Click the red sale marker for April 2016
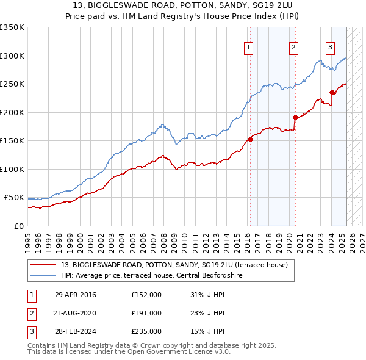[x=250, y=139]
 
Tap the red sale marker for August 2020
[x=295, y=117]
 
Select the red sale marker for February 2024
[x=332, y=92]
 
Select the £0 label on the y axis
[x=18, y=226]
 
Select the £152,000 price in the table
[x=146, y=295]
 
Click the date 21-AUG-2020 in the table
[x=75, y=313]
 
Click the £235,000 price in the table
[x=146, y=331]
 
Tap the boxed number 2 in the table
[x=31, y=313]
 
